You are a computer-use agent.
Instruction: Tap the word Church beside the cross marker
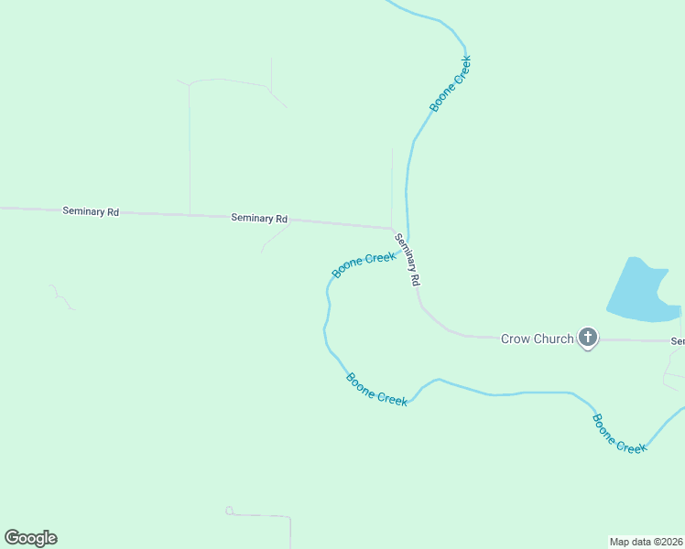point(554,339)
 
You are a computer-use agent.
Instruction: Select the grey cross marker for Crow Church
point(588,339)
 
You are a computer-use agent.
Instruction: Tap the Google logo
point(30,538)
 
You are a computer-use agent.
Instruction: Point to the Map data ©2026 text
point(646,541)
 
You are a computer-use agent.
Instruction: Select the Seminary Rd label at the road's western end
point(91,211)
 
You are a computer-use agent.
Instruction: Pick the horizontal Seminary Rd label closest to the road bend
point(259,219)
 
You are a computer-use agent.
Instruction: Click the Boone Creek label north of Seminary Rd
point(451,84)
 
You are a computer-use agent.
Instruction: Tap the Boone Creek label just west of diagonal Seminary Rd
point(364,264)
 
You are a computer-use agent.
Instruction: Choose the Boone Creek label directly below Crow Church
point(619,434)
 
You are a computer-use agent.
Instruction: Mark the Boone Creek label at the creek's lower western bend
point(376,390)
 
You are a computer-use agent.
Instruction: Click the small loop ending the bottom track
point(229,511)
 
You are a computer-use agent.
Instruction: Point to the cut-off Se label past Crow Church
point(678,341)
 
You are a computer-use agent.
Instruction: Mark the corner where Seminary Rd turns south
point(394,229)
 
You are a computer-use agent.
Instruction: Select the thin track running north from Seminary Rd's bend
point(392,183)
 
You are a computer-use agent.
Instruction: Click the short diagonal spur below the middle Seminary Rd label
point(275,239)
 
